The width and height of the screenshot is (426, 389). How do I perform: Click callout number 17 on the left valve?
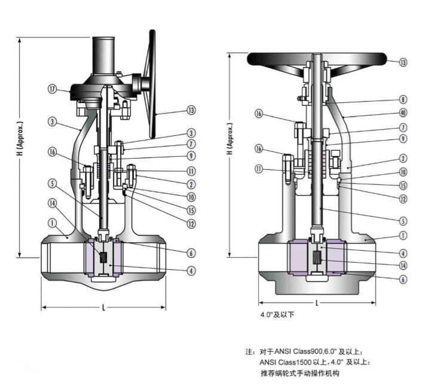[52, 90]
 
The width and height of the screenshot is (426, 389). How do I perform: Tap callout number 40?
[403, 113]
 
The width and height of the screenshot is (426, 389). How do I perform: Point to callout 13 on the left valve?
[191, 110]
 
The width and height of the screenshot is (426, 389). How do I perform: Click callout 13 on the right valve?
[403, 62]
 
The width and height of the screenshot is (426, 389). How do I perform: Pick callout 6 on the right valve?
[403, 279]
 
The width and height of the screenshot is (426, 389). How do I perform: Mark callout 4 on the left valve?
[191, 270]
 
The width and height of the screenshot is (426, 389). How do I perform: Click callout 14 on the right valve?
[403, 265]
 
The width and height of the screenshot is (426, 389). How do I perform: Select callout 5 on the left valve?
[52, 183]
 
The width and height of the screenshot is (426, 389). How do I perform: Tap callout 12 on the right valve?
[403, 198]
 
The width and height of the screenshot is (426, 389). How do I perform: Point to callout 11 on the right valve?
[259, 169]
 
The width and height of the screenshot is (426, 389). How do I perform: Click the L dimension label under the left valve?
[103, 308]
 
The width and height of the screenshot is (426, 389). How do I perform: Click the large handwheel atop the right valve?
[317, 59]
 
